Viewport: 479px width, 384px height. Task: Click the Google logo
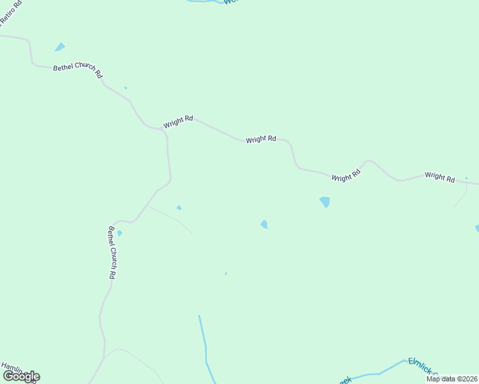pos(21,376)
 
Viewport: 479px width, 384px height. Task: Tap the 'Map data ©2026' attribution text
pos(451,379)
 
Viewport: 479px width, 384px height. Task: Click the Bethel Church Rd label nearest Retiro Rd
pos(77,70)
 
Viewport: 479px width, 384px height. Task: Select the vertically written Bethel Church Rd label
pos(111,252)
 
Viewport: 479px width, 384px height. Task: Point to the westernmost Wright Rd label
pos(178,122)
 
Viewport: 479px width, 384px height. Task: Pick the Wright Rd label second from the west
pos(261,138)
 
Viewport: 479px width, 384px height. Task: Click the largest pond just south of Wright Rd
pos(325,202)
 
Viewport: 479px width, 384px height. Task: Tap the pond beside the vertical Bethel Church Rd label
pos(119,233)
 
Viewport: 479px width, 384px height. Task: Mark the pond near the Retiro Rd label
pos(60,47)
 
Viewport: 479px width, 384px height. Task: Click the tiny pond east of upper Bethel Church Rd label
pos(126,88)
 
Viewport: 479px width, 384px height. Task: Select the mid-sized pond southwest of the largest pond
pos(264,223)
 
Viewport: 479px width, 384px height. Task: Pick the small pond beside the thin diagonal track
pos(179,207)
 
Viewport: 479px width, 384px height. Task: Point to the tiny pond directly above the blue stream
pos(225,273)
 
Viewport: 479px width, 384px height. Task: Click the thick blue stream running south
pos(204,339)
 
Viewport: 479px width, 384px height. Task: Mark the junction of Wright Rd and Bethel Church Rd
pos(161,129)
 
